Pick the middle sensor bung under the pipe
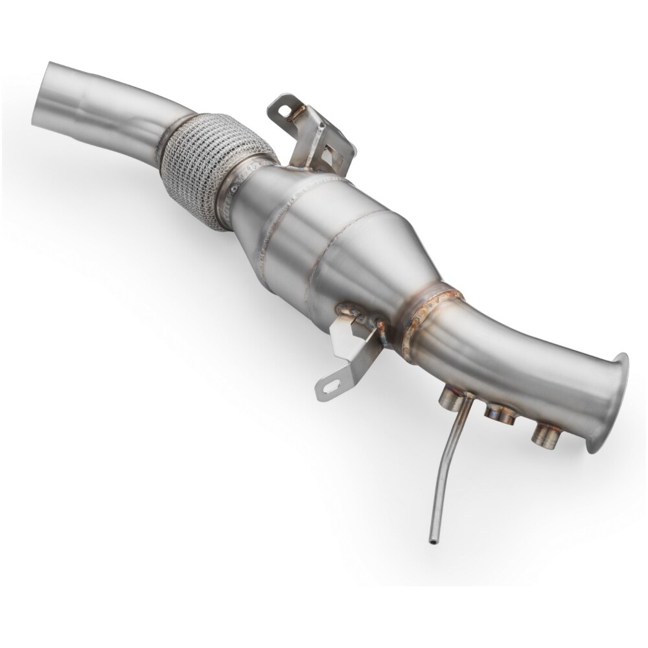[500, 413]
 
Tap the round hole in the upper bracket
[282, 111]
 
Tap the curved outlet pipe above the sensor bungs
[512, 363]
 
